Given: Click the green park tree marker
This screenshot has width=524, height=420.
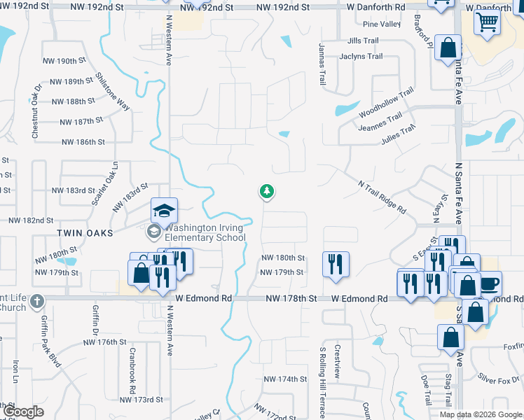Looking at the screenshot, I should click(266, 191).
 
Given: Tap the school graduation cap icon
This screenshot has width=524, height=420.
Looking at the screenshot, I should click(164, 210).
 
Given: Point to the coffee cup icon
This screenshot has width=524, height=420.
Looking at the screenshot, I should click(490, 283).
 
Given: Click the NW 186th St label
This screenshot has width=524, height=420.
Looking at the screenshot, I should click(83, 141).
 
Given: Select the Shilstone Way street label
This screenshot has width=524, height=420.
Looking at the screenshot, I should click(113, 90).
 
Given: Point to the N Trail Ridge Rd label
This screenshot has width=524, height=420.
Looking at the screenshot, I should click(382, 197).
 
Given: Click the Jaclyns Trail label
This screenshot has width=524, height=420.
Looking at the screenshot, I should click(361, 57).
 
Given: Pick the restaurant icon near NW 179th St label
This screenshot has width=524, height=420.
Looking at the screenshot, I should click(336, 264).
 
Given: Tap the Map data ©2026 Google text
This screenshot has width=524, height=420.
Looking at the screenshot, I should click(481, 414).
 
